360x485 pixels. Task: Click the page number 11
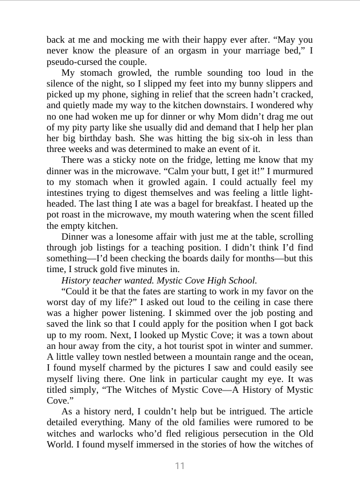180,466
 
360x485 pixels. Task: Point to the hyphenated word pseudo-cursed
72,62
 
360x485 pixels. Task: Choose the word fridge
175,160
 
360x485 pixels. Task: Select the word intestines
66,193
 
